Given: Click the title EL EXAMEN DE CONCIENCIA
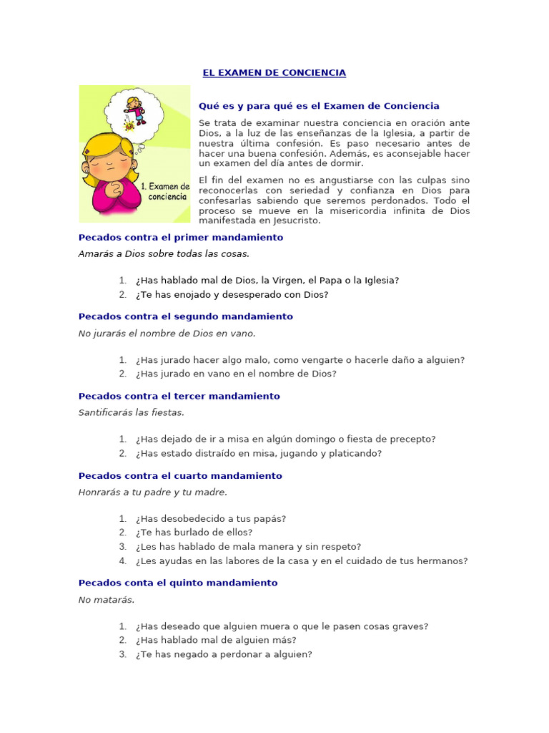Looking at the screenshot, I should click(x=274, y=73).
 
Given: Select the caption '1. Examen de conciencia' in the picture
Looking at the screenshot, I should click(x=164, y=191).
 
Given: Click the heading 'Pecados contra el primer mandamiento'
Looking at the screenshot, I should click(x=180, y=238).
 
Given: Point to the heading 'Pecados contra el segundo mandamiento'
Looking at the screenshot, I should click(x=185, y=316).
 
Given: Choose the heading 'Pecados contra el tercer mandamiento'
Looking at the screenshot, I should click(x=179, y=396).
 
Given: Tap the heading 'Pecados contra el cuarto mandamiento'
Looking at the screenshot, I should click(x=180, y=476).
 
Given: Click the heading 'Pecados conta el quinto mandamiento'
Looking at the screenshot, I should click(x=177, y=583).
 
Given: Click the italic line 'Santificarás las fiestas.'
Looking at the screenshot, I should click(x=132, y=412).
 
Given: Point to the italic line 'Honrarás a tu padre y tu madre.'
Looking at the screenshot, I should click(x=153, y=492).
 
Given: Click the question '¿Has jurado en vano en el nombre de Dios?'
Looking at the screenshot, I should click(x=235, y=374).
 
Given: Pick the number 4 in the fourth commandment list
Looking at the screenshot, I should click(x=122, y=561).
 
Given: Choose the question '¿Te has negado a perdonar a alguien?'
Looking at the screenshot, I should click(x=224, y=654).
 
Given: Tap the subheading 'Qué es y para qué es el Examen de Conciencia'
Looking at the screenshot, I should click(x=319, y=106).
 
